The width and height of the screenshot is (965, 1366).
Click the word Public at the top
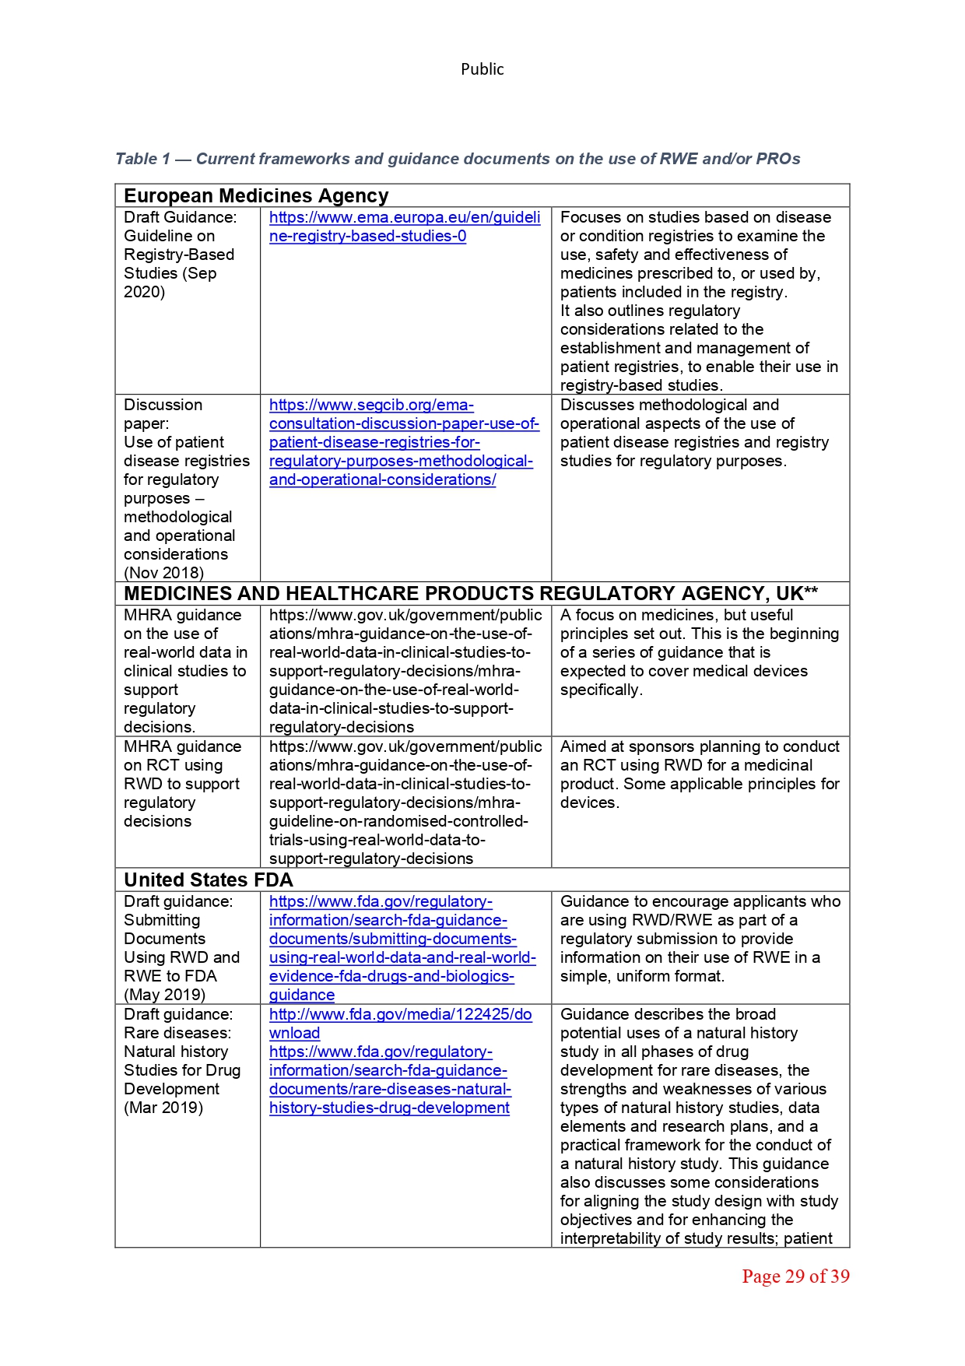click(482, 69)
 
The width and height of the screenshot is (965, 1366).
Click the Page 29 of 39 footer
click(795, 1276)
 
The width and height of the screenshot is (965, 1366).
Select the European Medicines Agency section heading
click(256, 196)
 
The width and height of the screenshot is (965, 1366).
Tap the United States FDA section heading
click(209, 880)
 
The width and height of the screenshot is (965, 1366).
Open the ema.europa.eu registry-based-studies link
click(404, 226)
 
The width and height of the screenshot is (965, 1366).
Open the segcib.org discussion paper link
click(402, 442)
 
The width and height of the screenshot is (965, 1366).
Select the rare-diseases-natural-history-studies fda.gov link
click(390, 1080)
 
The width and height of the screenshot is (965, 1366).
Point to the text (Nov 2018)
click(163, 573)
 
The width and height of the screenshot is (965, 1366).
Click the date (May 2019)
click(164, 995)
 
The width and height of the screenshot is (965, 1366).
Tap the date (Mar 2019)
click(163, 1108)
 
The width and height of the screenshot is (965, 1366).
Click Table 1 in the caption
click(142, 160)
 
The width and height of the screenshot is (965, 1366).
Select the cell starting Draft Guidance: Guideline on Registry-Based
click(180, 255)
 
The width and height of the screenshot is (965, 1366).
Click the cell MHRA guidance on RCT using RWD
click(181, 784)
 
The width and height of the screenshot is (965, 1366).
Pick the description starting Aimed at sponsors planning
click(699, 774)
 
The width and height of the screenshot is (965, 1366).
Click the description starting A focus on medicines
click(699, 652)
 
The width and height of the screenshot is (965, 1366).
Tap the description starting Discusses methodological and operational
click(694, 433)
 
